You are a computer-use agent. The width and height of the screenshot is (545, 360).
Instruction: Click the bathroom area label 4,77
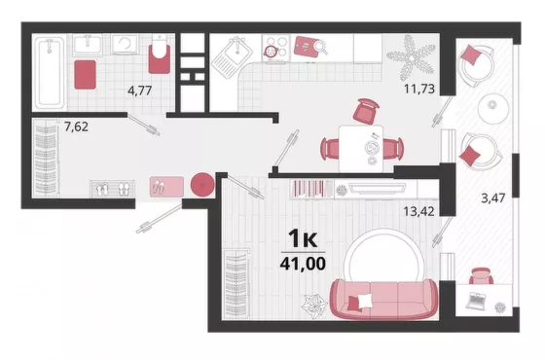click(140, 90)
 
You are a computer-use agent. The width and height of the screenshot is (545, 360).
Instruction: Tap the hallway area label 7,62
click(76, 126)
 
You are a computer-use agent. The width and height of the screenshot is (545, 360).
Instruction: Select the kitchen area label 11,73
click(419, 89)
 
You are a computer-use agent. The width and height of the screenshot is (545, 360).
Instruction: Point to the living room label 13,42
click(418, 211)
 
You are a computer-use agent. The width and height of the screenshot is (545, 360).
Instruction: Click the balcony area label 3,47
click(492, 198)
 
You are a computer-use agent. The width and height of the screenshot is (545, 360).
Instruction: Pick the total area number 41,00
click(303, 264)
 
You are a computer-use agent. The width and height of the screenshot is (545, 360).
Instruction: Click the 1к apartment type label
click(303, 238)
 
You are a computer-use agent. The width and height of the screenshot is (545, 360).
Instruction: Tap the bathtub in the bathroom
click(51, 73)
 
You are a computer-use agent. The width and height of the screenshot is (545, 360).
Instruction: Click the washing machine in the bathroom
click(125, 44)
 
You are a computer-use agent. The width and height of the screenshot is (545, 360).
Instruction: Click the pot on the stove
click(271, 52)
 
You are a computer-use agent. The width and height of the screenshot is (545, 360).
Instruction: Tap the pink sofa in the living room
click(383, 300)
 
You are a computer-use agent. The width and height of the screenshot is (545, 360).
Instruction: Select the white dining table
click(361, 149)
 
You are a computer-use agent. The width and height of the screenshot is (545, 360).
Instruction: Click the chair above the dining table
click(366, 112)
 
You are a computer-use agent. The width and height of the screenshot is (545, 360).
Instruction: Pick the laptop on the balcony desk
click(477, 301)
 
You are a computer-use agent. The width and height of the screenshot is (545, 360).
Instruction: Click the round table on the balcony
click(492, 107)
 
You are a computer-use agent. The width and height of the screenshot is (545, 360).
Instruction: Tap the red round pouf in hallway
click(202, 184)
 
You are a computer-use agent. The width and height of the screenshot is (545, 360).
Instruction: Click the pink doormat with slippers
click(166, 187)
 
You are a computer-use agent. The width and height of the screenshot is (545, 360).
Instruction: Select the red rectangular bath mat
click(86, 75)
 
